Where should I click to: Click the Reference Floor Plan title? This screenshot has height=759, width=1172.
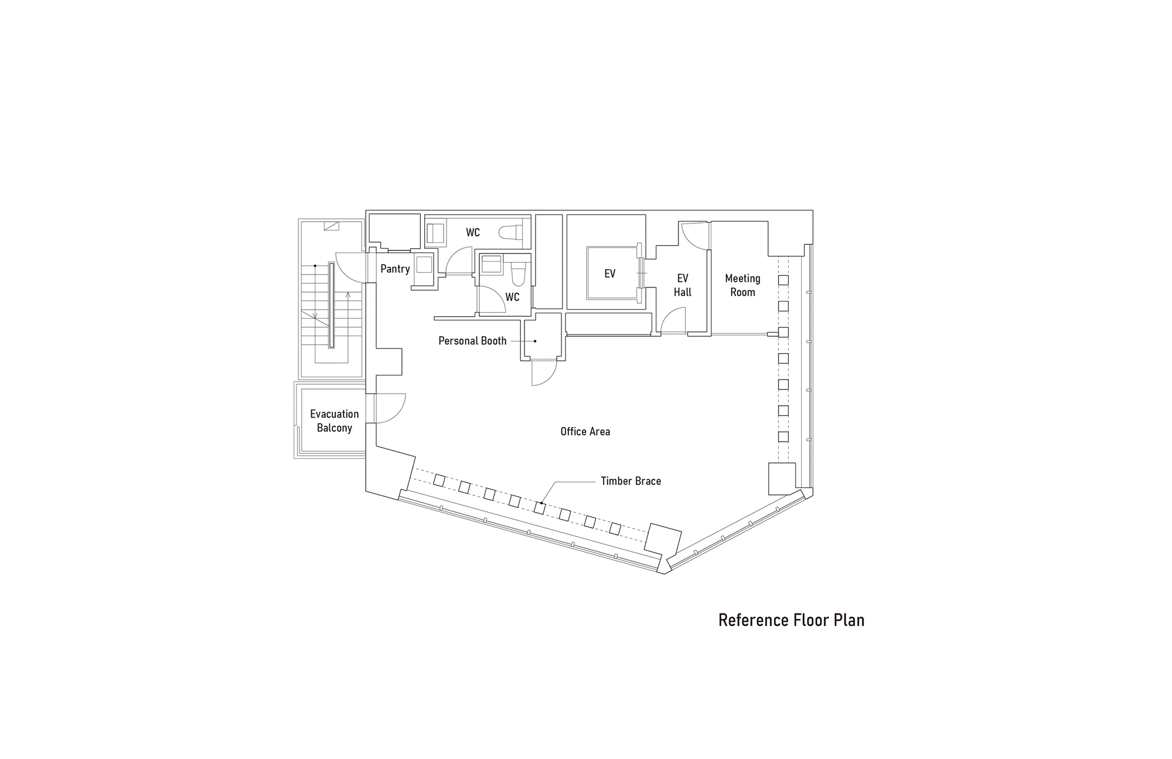(x=791, y=620)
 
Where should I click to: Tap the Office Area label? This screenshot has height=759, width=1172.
(x=585, y=432)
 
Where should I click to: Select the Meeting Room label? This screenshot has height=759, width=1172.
(x=742, y=285)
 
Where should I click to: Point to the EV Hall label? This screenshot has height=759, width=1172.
(x=682, y=285)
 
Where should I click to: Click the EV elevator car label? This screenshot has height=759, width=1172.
(x=609, y=274)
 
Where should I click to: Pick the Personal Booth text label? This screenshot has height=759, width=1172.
(x=472, y=341)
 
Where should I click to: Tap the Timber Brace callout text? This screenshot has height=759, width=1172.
(x=631, y=481)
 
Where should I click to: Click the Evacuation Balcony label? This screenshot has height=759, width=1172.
(x=334, y=421)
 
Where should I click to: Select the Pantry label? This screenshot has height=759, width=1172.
(x=395, y=269)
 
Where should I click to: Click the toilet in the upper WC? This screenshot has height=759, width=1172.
(x=511, y=232)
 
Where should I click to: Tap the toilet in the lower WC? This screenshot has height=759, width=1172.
(x=518, y=273)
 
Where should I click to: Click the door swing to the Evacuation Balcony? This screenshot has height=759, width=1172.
(x=390, y=408)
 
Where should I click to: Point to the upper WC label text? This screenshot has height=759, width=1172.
(x=473, y=233)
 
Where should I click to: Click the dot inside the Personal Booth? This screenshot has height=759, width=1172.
(x=535, y=341)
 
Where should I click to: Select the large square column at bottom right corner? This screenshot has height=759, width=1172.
(x=782, y=479)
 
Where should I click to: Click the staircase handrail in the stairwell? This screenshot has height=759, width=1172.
(x=331, y=306)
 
